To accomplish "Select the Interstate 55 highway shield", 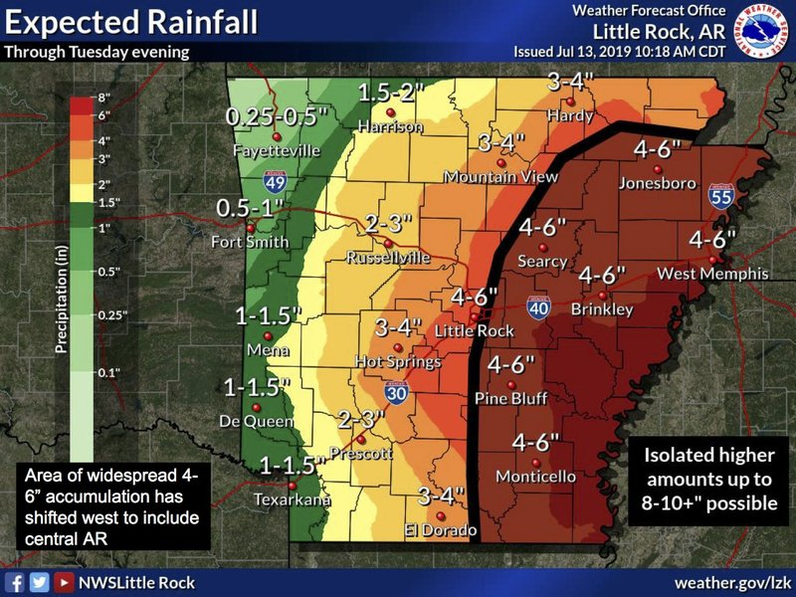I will pos(722,197).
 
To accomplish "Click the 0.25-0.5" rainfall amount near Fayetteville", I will pos(277,116).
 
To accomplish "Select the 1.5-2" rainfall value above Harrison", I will pos(391,92).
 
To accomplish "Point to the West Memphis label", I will pos(712,273).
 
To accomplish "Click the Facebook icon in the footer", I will pos(15,582).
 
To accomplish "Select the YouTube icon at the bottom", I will pos(64,582).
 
